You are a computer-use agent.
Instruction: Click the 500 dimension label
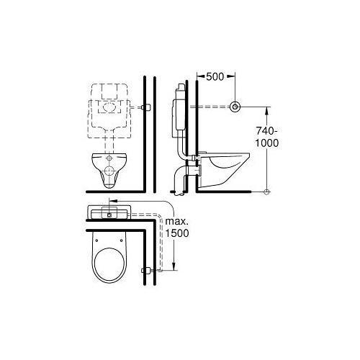click(x=215, y=76)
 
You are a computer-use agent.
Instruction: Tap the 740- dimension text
click(x=267, y=131)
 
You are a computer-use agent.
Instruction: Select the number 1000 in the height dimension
click(x=266, y=143)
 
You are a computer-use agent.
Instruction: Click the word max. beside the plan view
click(x=177, y=221)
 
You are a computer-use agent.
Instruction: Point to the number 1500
click(x=177, y=233)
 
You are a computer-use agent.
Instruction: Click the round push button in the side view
click(x=235, y=107)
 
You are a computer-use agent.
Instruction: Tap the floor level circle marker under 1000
click(x=266, y=192)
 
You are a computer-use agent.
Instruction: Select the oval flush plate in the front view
click(x=110, y=107)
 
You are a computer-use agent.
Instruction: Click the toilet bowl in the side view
click(x=225, y=169)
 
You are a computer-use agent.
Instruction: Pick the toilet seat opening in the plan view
click(x=109, y=264)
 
